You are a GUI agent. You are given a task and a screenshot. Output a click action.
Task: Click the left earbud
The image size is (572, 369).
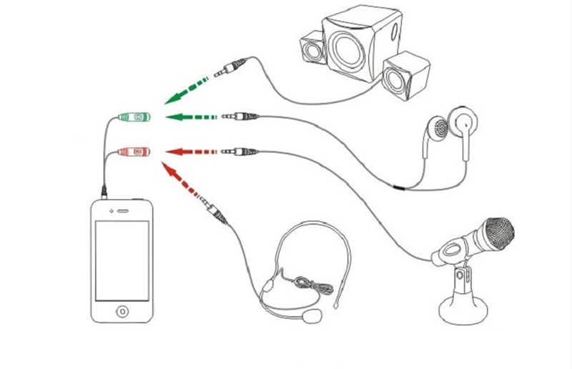442,128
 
